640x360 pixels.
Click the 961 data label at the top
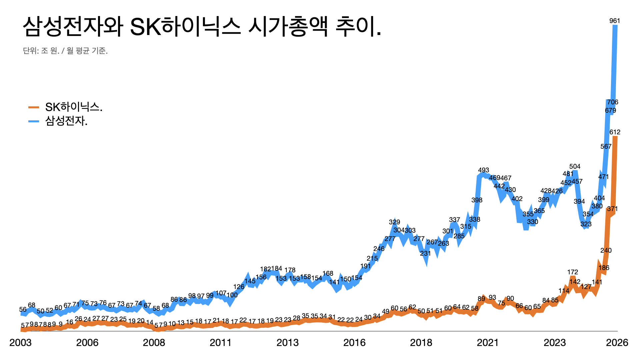point(615,21)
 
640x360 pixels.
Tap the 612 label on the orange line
point(615,132)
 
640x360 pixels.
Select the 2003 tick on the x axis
point(20,343)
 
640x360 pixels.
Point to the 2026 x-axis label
point(617,343)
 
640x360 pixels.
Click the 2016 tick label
point(354,343)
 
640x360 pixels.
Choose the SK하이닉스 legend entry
point(73,107)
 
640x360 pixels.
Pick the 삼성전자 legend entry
point(66,121)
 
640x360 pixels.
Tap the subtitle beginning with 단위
point(65,51)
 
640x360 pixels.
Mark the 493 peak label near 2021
point(483,170)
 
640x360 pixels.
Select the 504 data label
point(575,166)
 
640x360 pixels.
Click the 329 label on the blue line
point(394,222)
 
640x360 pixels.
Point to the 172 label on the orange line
point(572,272)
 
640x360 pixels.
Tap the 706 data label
point(613,102)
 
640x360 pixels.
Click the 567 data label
point(606,146)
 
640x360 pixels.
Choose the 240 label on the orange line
point(606,250)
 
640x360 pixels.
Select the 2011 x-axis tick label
point(220,343)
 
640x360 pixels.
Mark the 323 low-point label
point(586,224)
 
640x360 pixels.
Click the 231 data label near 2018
point(425,253)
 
